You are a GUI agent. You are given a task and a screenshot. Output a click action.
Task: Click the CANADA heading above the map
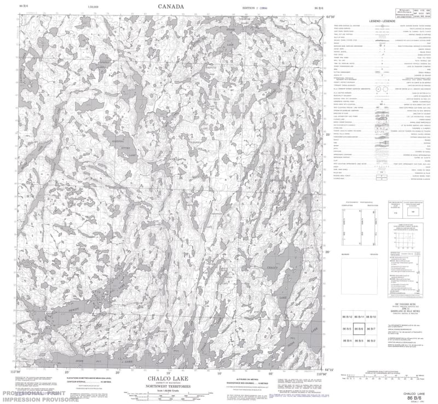click(170, 7)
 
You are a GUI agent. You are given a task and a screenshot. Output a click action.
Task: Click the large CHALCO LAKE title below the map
click(170, 378)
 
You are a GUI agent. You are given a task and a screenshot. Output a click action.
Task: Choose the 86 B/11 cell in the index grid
click(359, 317)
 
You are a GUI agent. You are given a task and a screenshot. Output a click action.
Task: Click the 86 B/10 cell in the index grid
click(371, 317)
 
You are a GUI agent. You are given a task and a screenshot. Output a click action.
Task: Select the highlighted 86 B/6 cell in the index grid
click(359, 329)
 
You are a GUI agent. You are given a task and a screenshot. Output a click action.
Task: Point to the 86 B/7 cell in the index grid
click(371, 329)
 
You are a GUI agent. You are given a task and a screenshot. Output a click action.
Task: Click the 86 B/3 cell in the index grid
click(359, 340)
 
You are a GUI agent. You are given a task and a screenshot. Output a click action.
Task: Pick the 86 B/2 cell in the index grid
click(371, 340)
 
